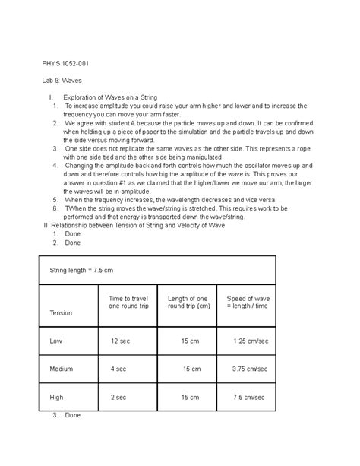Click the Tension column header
coord(62,312)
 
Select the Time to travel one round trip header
coord(128,302)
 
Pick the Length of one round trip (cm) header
coord(188,302)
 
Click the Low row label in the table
coord(55,341)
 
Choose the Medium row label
coord(62,369)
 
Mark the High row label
coord(57,397)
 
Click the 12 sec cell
coord(121,341)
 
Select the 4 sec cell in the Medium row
coord(118,369)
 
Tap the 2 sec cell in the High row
coord(118,397)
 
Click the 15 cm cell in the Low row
coord(189,341)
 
